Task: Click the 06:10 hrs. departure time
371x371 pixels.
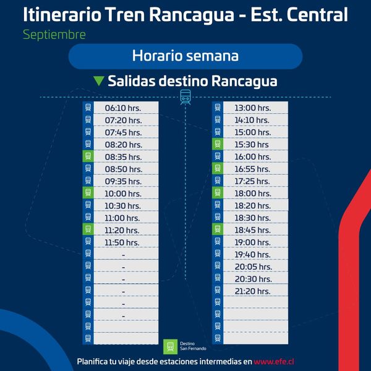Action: tap(123, 108)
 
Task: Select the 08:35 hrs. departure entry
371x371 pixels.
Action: tap(123, 157)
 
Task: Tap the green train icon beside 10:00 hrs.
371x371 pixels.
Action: tap(88, 192)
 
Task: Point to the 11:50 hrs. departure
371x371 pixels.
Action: tap(122, 242)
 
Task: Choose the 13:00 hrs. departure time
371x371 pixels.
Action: tap(253, 108)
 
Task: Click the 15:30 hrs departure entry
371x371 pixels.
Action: tap(252, 145)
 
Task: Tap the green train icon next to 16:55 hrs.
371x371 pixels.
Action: tap(218, 168)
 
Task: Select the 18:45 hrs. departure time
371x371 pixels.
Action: tap(252, 230)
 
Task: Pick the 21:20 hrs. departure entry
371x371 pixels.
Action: tap(252, 291)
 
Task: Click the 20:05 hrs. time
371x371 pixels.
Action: tap(254, 267)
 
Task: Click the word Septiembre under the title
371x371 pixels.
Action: tap(54, 35)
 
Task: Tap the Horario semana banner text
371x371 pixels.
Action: tap(185, 56)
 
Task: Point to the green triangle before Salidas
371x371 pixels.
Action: tap(99, 81)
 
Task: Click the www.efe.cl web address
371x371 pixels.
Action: tap(274, 362)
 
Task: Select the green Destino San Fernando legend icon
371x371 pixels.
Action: tap(171, 347)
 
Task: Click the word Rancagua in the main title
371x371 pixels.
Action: tap(192, 15)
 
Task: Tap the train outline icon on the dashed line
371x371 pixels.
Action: tap(185, 97)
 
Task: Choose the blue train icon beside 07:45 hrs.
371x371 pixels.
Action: tap(88, 132)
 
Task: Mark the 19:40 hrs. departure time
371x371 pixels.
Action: tap(252, 255)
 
